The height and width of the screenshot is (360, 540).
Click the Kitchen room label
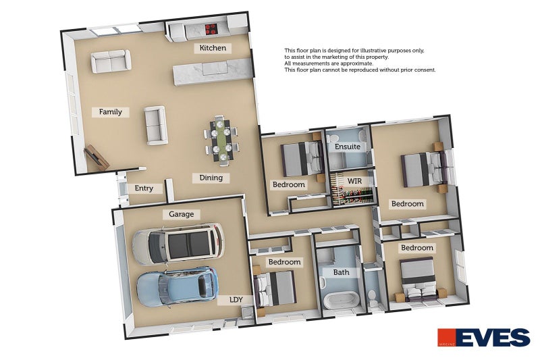click(213, 48)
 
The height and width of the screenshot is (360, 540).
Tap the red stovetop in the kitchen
click(211, 29)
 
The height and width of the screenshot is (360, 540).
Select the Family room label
click(111, 112)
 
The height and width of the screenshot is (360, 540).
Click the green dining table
click(222, 139)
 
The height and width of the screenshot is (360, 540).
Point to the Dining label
click(211, 178)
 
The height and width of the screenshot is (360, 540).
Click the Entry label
click(144, 188)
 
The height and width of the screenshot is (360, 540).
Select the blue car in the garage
click(178, 286)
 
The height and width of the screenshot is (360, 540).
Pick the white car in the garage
click(178, 244)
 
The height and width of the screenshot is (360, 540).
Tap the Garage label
click(181, 214)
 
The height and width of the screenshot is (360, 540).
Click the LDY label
click(236, 300)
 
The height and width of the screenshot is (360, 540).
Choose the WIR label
click(354, 181)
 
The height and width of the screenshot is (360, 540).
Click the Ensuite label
click(348, 147)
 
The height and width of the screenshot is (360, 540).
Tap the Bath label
click(342, 272)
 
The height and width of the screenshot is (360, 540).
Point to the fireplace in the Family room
click(97, 157)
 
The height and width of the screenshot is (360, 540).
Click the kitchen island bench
click(213, 71)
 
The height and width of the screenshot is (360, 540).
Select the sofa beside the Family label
click(156, 125)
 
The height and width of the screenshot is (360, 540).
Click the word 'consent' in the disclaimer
click(425, 70)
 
